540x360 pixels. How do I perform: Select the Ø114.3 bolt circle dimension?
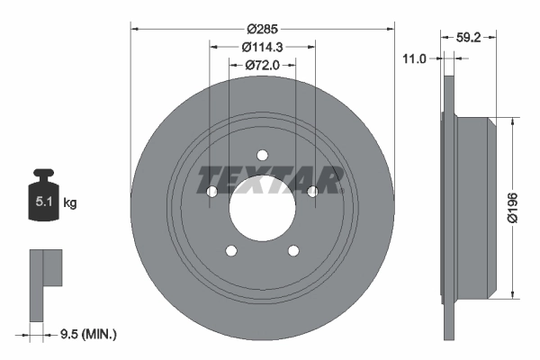pyautogui.click(x=262, y=47)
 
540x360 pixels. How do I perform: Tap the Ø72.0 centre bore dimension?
pyautogui.click(x=262, y=66)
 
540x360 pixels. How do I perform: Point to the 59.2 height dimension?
pyautogui.click(x=465, y=38)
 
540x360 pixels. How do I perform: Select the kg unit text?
pyautogui.click(x=70, y=203)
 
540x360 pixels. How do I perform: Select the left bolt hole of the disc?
pyautogui.click(x=211, y=192)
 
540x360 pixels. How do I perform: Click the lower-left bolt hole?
pyautogui.click(x=231, y=251)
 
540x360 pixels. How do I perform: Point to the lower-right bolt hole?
pyautogui.click(x=293, y=251)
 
